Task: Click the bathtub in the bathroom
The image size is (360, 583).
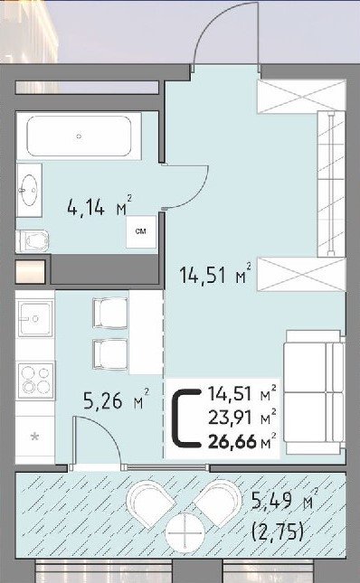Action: tap(79, 136)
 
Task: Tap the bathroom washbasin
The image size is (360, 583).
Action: tap(29, 190)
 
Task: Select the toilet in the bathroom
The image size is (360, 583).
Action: tap(33, 240)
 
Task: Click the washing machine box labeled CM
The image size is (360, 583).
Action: tap(141, 231)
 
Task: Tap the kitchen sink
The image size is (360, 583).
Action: tap(35, 319)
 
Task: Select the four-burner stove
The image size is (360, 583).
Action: tap(35, 380)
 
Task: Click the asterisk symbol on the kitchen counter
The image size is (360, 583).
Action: tap(34, 437)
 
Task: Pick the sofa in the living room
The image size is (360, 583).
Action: tap(314, 392)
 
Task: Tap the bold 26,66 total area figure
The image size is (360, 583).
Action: tap(232, 442)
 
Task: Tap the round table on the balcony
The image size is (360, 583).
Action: tap(185, 532)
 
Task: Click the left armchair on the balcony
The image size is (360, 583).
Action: tap(150, 503)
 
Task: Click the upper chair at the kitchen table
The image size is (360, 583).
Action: tap(110, 313)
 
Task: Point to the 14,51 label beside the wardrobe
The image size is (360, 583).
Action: tap(215, 275)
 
